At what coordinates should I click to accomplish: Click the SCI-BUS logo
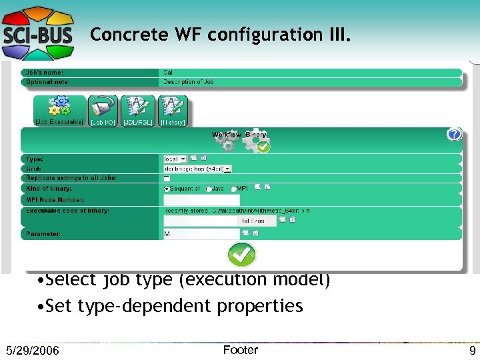click(37, 30)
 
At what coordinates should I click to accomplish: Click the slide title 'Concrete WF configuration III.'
click(219, 35)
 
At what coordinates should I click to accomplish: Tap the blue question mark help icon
click(454, 134)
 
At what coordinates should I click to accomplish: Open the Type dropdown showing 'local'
click(175, 159)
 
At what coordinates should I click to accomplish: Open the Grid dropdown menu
click(197, 169)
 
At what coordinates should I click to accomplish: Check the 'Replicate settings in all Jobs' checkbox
click(167, 179)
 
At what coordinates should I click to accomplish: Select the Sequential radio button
click(167, 189)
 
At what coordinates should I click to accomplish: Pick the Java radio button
click(209, 189)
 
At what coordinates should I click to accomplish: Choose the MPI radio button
click(233, 189)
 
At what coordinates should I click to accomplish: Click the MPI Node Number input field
click(201, 200)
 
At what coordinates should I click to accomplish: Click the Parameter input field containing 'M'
click(201, 234)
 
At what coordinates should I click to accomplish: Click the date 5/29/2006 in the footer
click(32, 351)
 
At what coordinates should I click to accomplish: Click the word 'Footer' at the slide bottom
click(240, 350)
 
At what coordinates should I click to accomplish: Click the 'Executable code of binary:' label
click(67, 211)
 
